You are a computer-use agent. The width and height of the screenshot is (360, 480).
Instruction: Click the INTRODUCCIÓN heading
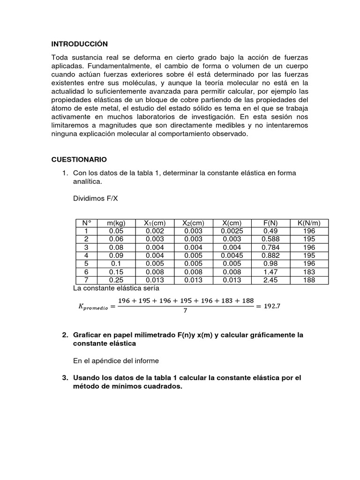click(79, 44)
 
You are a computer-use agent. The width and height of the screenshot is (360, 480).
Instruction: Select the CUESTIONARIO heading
click(79, 159)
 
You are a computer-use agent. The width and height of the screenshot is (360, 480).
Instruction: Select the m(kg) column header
click(116, 223)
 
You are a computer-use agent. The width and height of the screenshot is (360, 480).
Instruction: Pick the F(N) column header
click(271, 223)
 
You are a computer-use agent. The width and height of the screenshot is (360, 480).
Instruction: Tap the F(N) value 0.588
click(271, 239)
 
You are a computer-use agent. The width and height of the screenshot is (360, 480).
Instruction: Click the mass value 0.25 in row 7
click(116, 280)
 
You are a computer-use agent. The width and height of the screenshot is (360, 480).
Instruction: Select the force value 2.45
click(271, 280)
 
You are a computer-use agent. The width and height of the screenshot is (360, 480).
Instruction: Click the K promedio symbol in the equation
click(92, 307)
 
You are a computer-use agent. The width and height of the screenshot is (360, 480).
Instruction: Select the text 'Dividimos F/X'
click(96, 198)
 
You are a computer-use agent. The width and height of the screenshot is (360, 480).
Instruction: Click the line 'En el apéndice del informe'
click(116, 360)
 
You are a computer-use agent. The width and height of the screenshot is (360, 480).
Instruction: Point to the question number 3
click(65, 378)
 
